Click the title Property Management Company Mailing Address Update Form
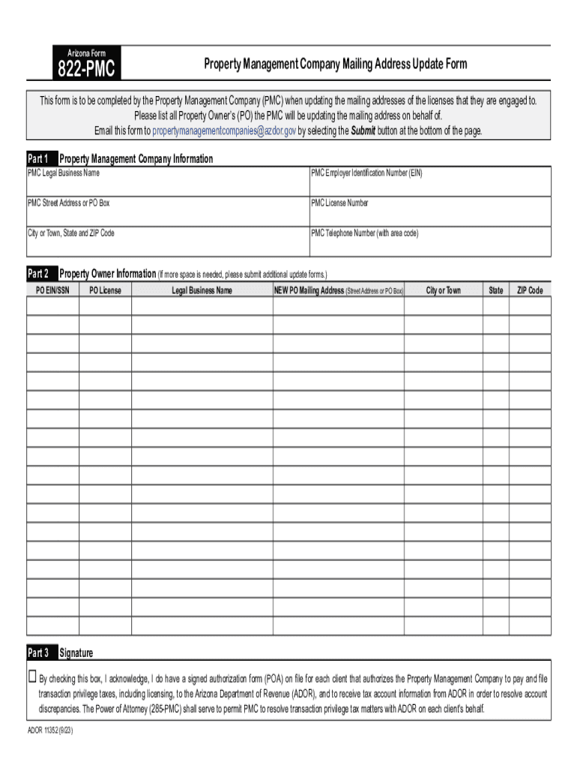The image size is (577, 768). point(336,64)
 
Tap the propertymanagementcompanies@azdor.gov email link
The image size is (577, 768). point(224,130)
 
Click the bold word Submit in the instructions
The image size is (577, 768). point(363,130)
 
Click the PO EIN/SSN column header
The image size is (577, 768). point(52,290)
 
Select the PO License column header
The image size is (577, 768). point(105,290)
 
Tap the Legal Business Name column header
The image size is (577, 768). point(202,290)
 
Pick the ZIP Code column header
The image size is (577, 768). point(530,290)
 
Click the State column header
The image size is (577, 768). point(496,290)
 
